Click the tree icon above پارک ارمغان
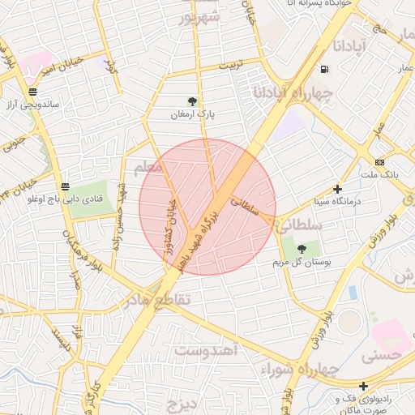click(192, 101)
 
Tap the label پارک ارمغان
click(192, 115)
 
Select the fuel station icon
click(324, 69)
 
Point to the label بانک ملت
click(379, 175)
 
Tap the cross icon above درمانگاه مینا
click(338, 188)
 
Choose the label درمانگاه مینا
click(338, 201)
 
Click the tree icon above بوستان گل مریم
click(302, 249)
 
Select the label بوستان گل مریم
click(302, 263)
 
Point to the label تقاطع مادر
click(156, 300)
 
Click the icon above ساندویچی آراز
click(32, 92)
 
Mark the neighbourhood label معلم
click(148, 166)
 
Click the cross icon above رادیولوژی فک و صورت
click(364, 386)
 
